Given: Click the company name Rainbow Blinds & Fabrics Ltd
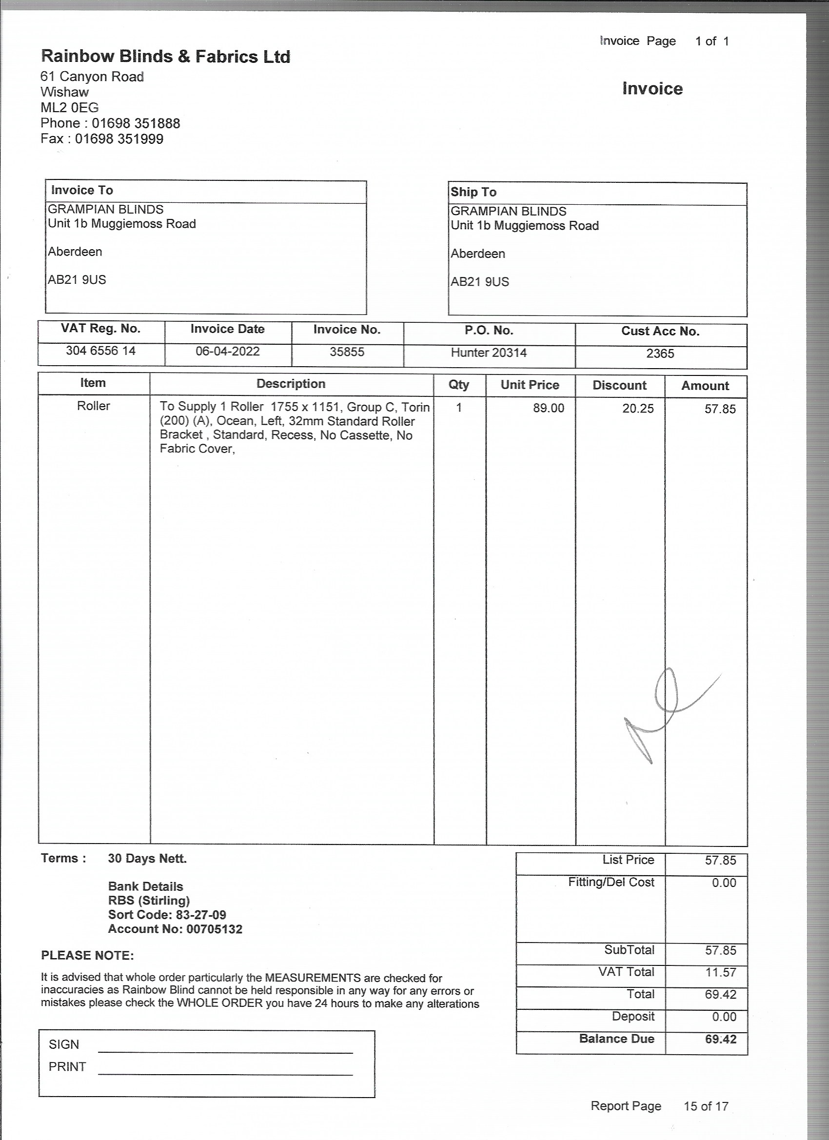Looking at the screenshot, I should [x=165, y=56].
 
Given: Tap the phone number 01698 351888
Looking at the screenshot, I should [x=136, y=123].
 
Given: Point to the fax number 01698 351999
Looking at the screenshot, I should [x=119, y=139].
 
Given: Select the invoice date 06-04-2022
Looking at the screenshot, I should [x=227, y=351].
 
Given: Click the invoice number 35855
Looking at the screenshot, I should [x=347, y=352].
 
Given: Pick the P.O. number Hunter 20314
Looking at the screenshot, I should [x=489, y=353].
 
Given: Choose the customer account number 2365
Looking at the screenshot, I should [x=660, y=354].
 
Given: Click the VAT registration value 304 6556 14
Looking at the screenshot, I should [x=100, y=351].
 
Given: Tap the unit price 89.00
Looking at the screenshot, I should [x=549, y=408].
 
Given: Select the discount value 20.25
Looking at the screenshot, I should [x=638, y=409].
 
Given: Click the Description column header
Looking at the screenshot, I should [x=291, y=384].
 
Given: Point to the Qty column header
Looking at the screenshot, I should [x=459, y=385].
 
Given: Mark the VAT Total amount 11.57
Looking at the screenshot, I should [x=720, y=972].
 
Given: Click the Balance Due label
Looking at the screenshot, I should [x=616, y=1039].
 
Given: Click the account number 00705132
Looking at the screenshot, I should [x=214, y=929].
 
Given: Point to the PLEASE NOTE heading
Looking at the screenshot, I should [x=87, y=956].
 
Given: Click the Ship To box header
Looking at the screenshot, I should [x=474, y=192].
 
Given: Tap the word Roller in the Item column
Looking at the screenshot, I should [x=94, y=406].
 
